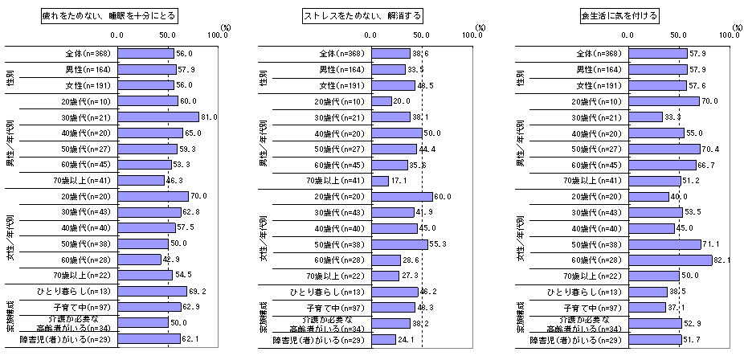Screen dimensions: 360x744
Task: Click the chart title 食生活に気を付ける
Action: (x=619, y=15)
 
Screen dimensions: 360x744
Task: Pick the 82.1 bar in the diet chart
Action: (x=669, y=260)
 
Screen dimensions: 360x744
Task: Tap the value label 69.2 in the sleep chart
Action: (x=198, y=291)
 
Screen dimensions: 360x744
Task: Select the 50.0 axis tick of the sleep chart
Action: (x=168, y=35)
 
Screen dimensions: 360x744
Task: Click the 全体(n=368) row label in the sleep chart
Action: (x=89, y=53)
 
